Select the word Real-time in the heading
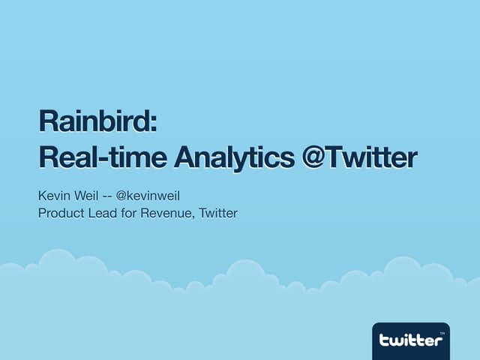coord(103,157)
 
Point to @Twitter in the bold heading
coord(358,157)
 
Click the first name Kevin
coord(53,196)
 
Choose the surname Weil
coord(85,196)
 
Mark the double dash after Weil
coord(107,196)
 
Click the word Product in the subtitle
coord(61,214)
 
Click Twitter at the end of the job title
coord(217,214)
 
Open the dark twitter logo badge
coord(410,339)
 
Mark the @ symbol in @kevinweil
coord(122,196)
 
